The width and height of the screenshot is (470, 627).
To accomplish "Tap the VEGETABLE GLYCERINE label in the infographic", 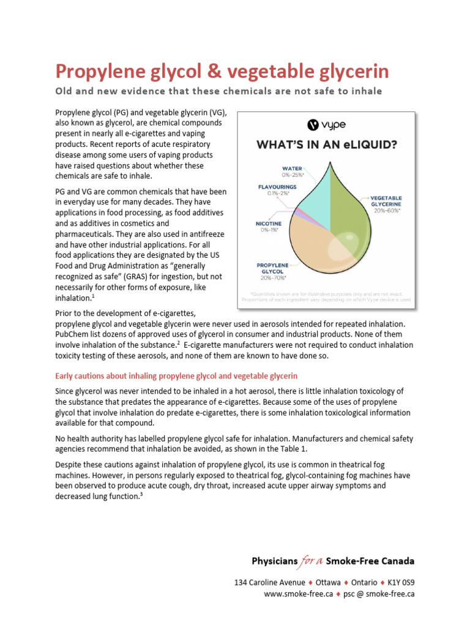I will click(x=385, y=202).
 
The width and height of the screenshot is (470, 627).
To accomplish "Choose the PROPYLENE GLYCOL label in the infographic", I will click(x=272, y=269).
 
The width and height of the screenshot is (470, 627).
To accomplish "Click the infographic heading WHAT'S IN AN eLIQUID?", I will click(x=325, y=146).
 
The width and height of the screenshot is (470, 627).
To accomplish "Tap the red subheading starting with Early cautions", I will click(x=176, y=375).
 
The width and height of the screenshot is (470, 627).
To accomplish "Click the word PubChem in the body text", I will click(x=73, y=334).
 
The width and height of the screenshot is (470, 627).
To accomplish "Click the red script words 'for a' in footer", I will click(x=311, y=560).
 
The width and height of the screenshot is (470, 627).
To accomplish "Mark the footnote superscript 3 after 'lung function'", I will click(x=141, y=495).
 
